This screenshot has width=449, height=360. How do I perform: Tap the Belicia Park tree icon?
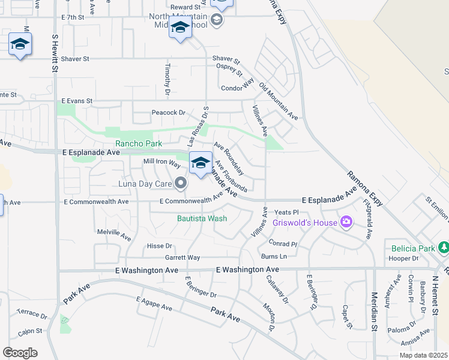[x=444, y=248]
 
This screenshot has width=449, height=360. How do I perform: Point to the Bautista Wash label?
[x=202, y=218]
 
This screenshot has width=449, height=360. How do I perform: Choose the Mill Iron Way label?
[x=161, y=163]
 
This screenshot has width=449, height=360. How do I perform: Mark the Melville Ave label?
[x=114, y=234]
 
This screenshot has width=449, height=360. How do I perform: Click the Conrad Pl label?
[x=283, y=244]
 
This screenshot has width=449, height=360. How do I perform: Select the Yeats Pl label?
[x=286, y=212]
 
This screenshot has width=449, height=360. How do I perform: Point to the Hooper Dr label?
[x=403, y=259]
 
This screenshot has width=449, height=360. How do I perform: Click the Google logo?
[x=20, y=352]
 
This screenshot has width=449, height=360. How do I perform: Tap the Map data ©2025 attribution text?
[x=423, y=355]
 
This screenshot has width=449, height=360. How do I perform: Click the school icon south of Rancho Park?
[x=200, y=163]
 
